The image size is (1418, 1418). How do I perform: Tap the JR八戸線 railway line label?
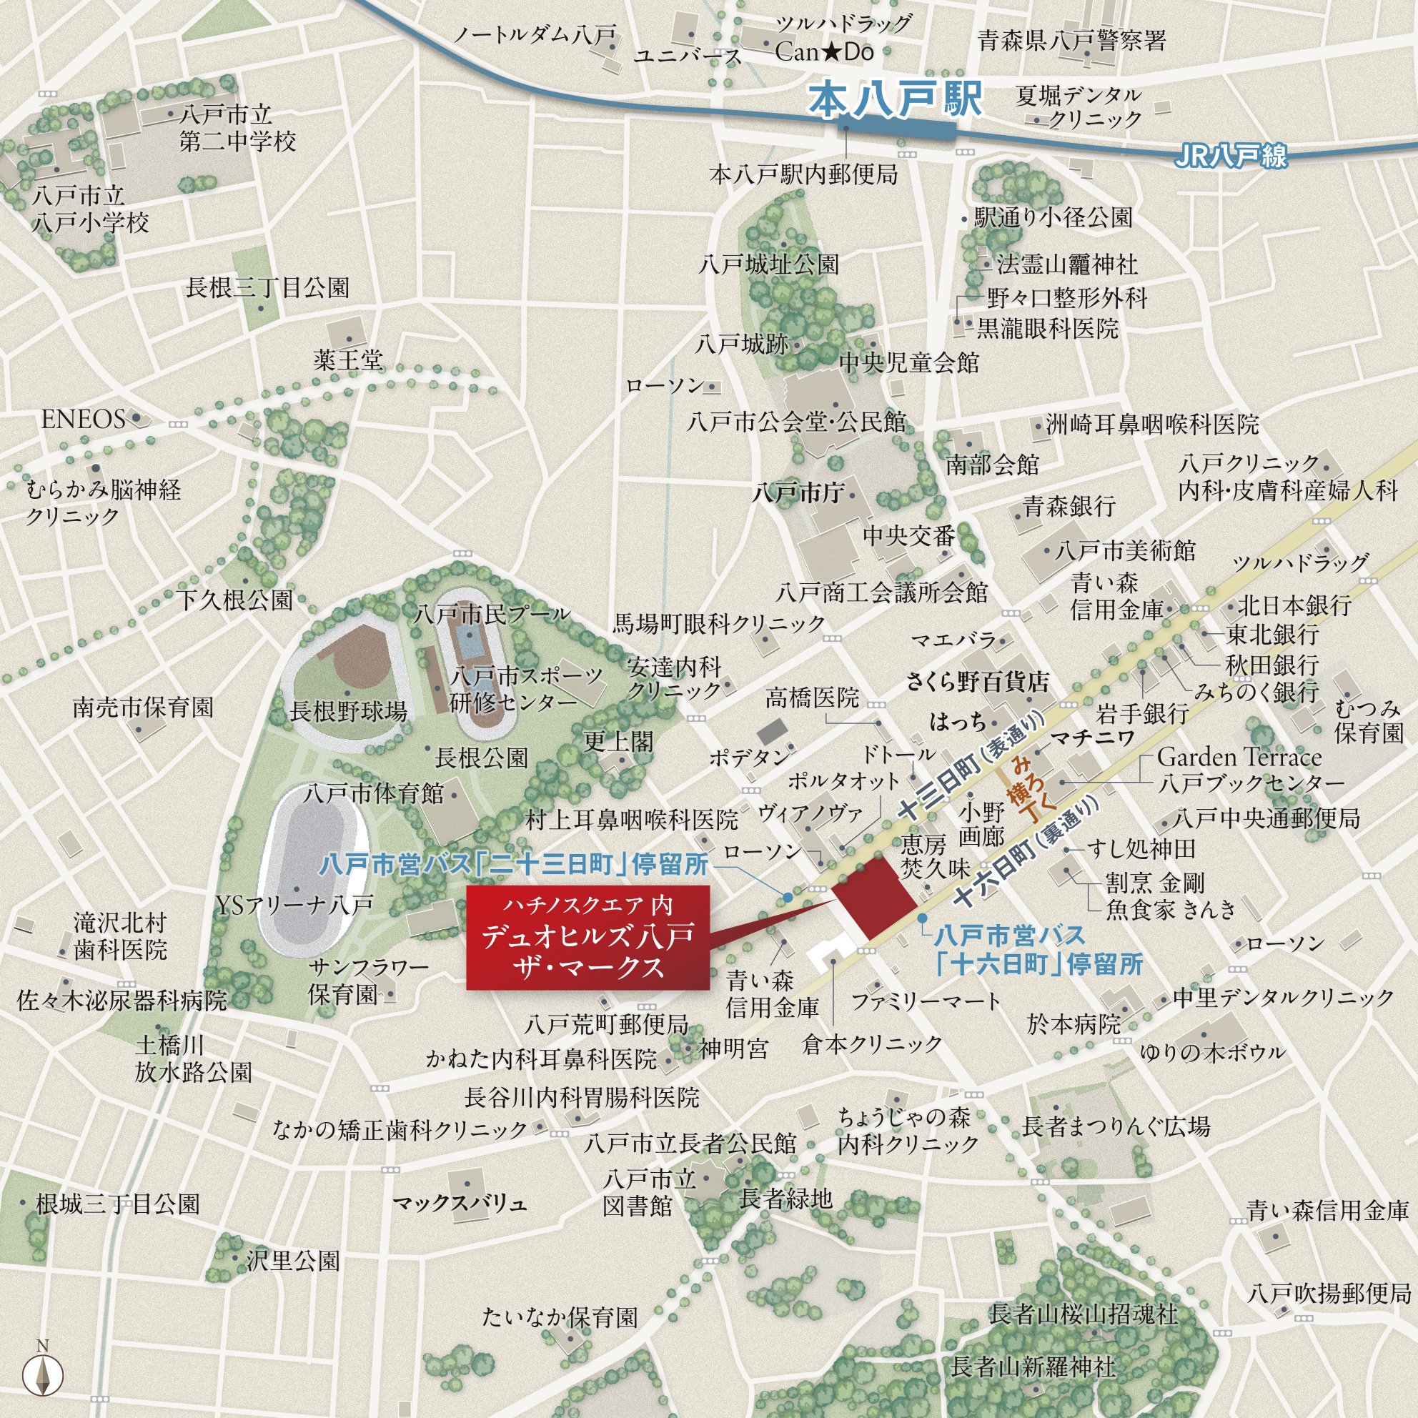pos(1231,156)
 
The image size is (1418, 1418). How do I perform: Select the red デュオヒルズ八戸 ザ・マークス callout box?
pos(588,937)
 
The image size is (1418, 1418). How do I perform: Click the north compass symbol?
pos(43,1373)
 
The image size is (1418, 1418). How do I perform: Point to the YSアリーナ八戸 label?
pos(294,906)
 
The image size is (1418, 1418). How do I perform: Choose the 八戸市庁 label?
pos(798,492)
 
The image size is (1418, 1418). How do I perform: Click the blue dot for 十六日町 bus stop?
pos(922,918)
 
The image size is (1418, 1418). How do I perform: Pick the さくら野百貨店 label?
pos(977,682)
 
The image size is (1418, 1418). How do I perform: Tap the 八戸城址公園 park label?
pos(769,264)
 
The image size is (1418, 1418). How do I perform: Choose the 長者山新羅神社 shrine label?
pos(1033,1367)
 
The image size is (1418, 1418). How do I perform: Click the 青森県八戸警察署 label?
pos(1071,39)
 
